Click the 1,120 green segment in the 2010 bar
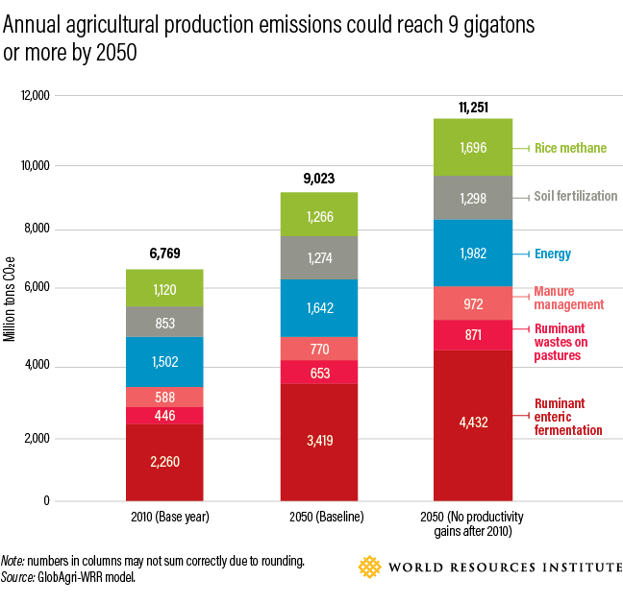pos(164,288)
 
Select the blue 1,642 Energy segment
pos(318,308)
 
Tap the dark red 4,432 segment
pos(472,423)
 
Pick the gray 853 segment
pos(164,323)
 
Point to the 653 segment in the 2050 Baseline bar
pos(318,372)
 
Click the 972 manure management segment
pos(472,303)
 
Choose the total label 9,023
pos(318,178)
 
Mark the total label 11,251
pos(472,107)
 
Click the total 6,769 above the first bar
pos(164,254)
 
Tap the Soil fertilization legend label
pos(576,196)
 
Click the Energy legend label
pos(554,254)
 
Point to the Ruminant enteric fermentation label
pos(568,417)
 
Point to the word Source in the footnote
pos(17,578)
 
